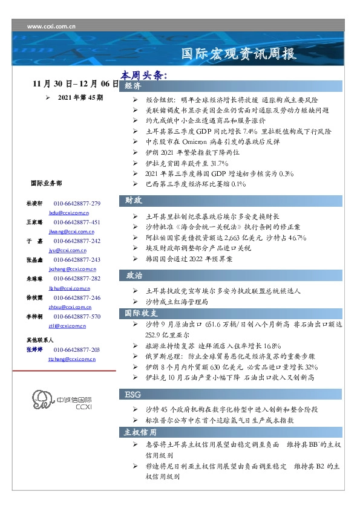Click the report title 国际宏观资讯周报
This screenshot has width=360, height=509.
[240, 54]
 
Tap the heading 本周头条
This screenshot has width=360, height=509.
[143, 76]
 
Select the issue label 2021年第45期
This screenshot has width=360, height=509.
[80, 97]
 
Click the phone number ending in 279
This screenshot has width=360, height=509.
[77, 204]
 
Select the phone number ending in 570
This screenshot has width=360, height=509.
[77, 317]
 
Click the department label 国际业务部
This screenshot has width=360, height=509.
[45, 183]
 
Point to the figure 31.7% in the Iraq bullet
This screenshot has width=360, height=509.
[216, 163]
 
